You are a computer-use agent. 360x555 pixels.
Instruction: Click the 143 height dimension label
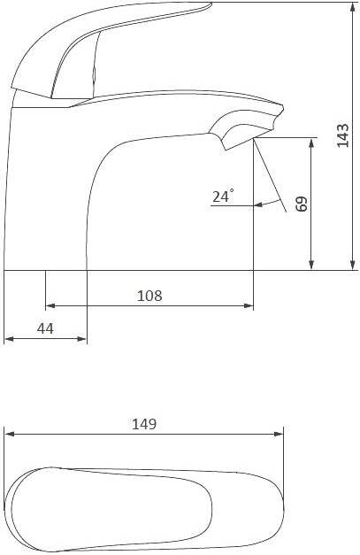click(342, 135)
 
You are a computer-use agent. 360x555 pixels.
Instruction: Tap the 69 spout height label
click(302, 204)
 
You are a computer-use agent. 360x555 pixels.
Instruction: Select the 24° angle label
click(223, 196)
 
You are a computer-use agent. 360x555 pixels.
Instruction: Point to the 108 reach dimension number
click(149, 296)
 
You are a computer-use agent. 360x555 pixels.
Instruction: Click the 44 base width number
click(45, 328)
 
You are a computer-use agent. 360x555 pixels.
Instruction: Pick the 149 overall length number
click(144, 424)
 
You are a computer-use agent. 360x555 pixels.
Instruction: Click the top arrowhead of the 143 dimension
click(352, 7)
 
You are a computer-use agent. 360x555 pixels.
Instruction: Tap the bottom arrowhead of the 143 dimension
click(352, 265)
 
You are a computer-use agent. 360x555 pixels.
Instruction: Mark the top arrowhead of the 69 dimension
click(311, 143)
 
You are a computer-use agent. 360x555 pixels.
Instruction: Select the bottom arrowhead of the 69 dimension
click(311, 265)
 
